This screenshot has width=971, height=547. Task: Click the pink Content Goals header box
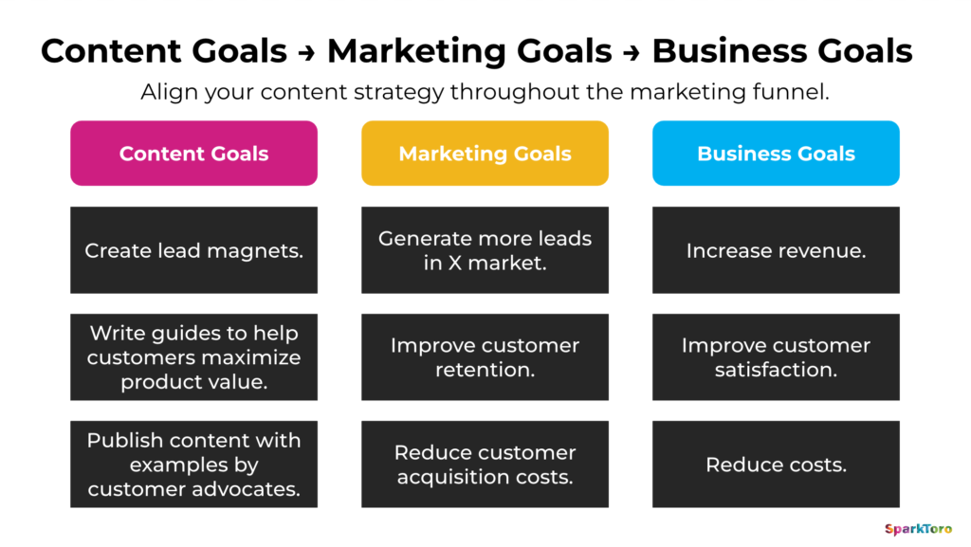tap(193, 154)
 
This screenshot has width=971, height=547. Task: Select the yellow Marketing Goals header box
tap(485, 154)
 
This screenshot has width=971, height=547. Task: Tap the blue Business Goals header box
tap(776, 154)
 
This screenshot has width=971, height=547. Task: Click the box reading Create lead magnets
tap(193, 251)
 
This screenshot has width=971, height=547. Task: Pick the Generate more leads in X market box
tap(485, 251)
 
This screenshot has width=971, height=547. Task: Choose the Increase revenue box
tap(776, 251)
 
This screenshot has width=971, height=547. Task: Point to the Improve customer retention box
tap(485, 357)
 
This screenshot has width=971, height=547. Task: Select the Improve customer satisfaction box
tap(776, 357)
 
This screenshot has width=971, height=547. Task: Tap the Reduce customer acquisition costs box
tap(485, 465)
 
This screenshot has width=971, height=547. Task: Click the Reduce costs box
tap(776, 465)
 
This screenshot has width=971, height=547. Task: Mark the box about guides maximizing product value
tap(193, 357)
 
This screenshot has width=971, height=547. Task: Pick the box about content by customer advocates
tap(193, 465)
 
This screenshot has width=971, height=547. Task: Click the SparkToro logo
tap(918, 529)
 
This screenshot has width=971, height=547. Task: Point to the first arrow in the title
tap(306, 51)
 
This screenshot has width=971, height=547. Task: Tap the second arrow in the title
tap(632, 51)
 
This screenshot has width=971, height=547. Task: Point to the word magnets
tap(261, 251)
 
